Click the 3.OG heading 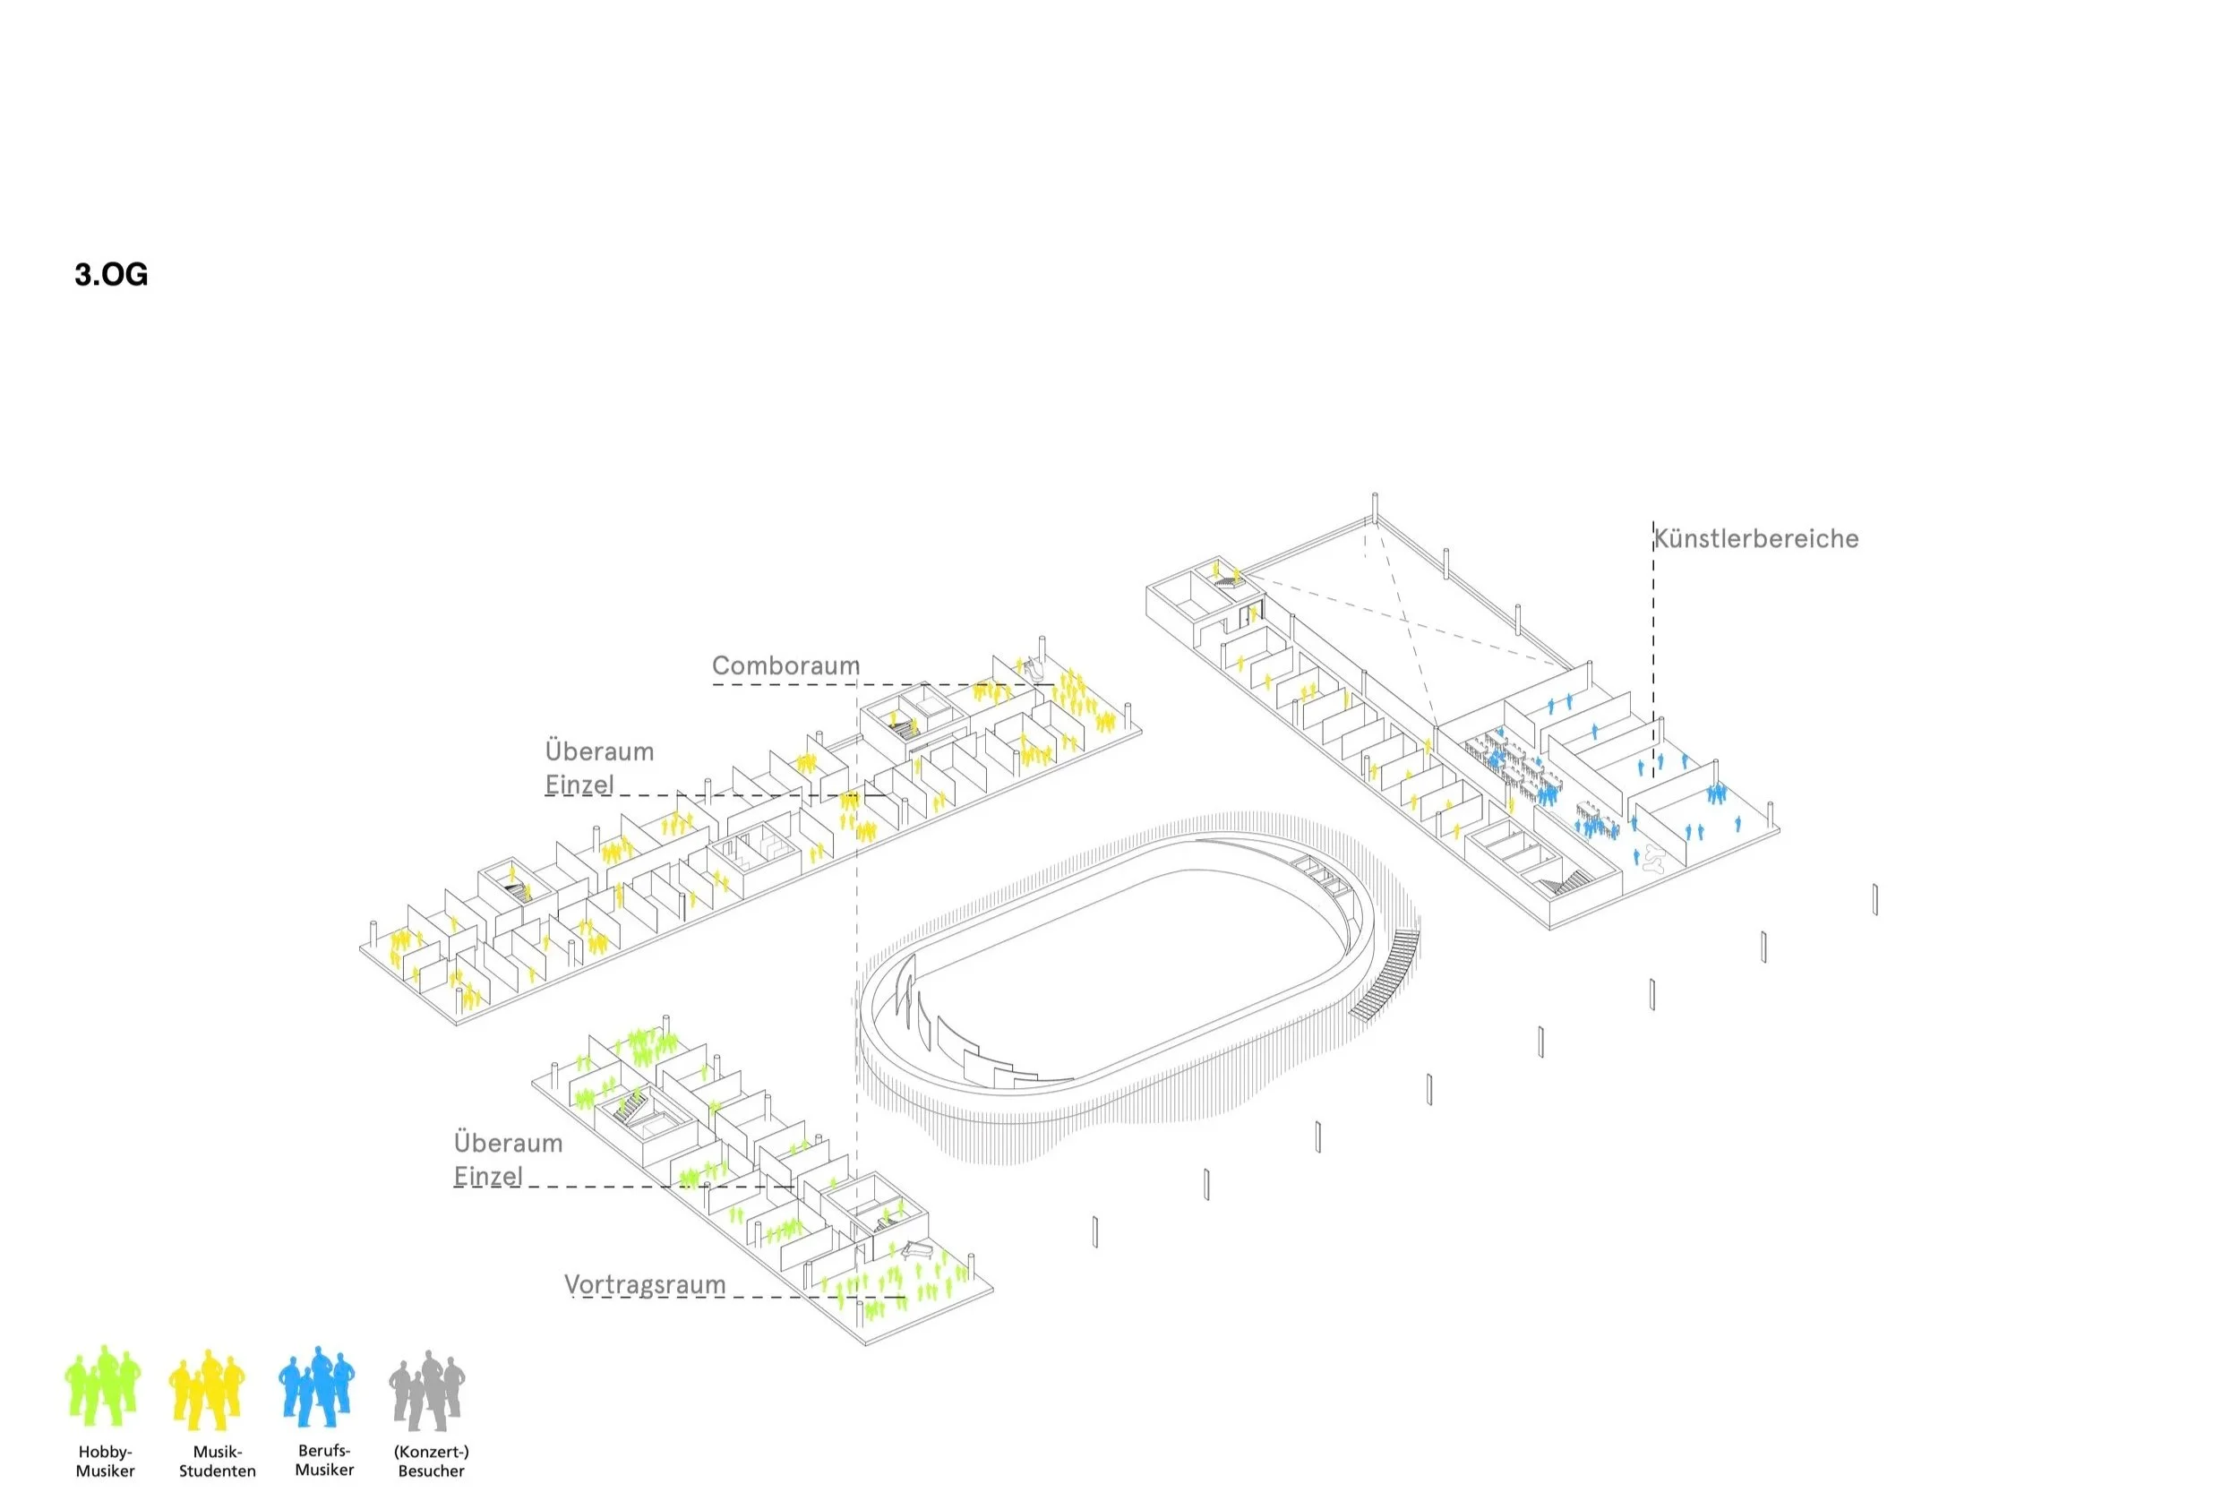pyautogui.click(x=111, y=275)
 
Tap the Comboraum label pyautogui.click(x=786, y=665)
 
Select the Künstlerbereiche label pyautogui.click(x=1755, y=538)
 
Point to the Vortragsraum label pyautogui.click(x=645, y=1284)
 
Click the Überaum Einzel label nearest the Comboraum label pyautogui.click(x=599, y=767)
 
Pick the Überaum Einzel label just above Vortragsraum pyautogui.click(x=508, y=1159)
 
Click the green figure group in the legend pyautogui.click(x=103, y=1386)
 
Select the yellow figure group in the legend pyautogui.click(x=208, y=1389)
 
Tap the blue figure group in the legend pyautogui.click(x=317, y=1386)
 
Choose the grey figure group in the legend pyautogui.click(x=427, y=1390)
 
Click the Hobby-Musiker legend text pyautogui.click(x=105, y=1462)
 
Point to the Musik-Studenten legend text pyautogui.click(x=217, y=1462)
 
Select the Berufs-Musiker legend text pyautogui.click(x=324, y=1461)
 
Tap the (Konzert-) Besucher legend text pyautogui.click(x=431, y=1462)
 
